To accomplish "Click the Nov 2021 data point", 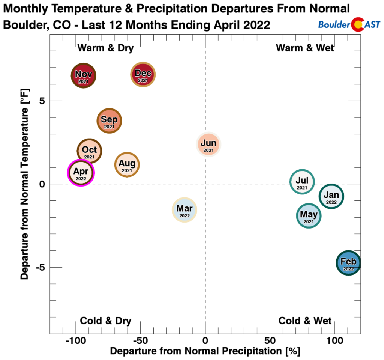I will (83, 75).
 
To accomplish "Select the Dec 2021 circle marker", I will (143, 75).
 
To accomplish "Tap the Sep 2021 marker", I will (109, 121).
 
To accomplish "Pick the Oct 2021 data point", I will (90, 151).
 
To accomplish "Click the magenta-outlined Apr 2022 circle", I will (81, 173).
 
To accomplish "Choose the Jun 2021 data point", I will (208, 144).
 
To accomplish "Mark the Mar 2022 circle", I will (184, 210).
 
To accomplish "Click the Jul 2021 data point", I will (302, 182).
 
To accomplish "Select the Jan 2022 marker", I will (331, 196).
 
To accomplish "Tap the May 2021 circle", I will (309, 216).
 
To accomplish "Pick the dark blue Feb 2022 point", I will (348, 263).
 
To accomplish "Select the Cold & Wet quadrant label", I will (305, 321).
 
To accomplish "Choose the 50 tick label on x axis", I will (270, 342).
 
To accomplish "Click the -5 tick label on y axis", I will (40, 268).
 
